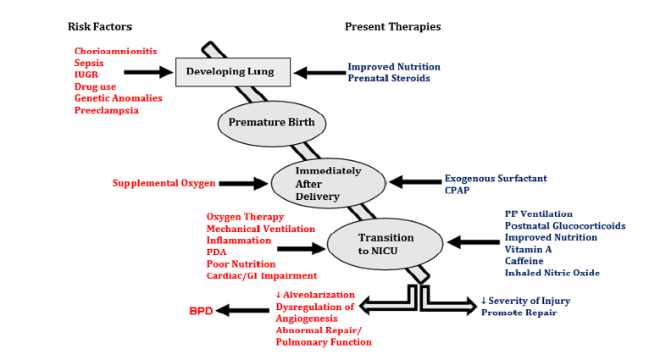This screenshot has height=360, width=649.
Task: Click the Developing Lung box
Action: [x=232, y=72]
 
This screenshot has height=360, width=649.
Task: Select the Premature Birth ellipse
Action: [x=271, y=122]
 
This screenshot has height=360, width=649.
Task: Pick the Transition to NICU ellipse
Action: [x=386, y=243]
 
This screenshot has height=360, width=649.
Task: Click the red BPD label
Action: [x=201, y=311]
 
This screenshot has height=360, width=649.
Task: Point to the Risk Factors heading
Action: [x=100, y=26]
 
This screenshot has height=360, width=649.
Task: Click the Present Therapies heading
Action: [x=392, y=26]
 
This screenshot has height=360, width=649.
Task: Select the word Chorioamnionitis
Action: [x=115, y=51]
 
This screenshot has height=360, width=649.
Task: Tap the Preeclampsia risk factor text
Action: [x=106, y=110]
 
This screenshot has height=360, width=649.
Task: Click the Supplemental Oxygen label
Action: [x=164, y=183]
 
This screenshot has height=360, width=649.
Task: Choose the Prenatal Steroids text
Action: [x=389, y=79]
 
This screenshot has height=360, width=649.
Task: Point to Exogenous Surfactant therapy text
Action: [x=496, y=179]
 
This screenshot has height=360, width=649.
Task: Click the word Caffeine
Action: [x=524, y=261]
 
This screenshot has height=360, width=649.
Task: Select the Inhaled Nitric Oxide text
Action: [x=552, y=273]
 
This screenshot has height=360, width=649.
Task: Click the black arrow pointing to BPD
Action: [x=243, y=311]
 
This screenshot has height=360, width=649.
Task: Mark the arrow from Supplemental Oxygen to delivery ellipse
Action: [x=243, y=183]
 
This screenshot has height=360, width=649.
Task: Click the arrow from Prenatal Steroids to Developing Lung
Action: [x=319, y=73]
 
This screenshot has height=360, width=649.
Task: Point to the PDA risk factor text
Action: [x=217, y=252]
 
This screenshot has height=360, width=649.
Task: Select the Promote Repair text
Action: [x=519, y=313]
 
